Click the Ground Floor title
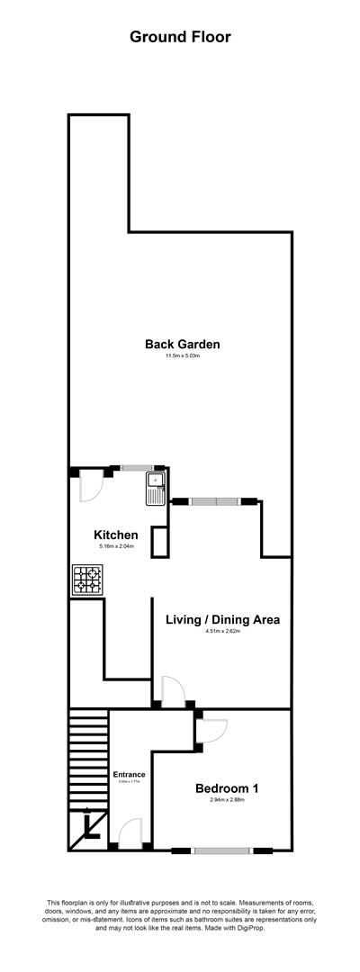tap(180, 37)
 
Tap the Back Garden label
tap(183, 344)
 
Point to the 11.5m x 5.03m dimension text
tap(183, 357)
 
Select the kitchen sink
tap(153, 488)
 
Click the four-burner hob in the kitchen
tap(87, 580)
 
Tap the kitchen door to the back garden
tap(93, 486)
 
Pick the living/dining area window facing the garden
tap(215, 500)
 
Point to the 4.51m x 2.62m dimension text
tap(223, 632)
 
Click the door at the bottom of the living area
tap(171, 691)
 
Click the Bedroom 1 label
tap(227, 789)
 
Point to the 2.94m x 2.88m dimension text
tap(227, 802)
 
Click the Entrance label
tap(130, 774)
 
